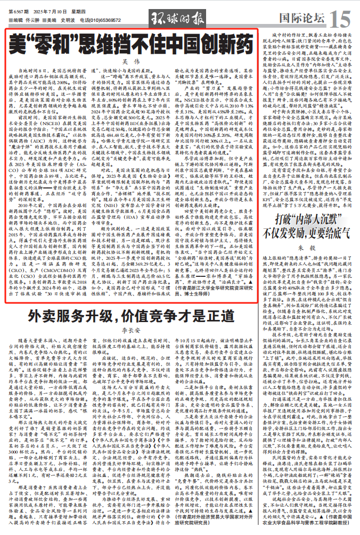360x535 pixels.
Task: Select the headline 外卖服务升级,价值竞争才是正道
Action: pos(135,298)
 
